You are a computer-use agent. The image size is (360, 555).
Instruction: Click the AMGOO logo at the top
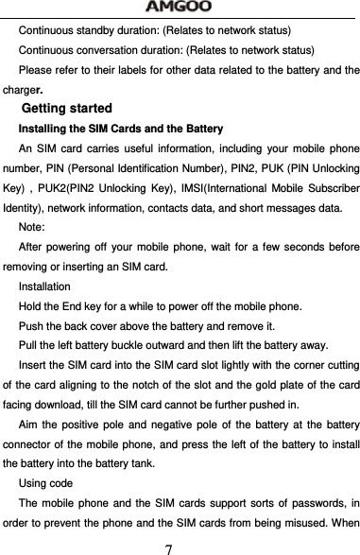tap(180, 8)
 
